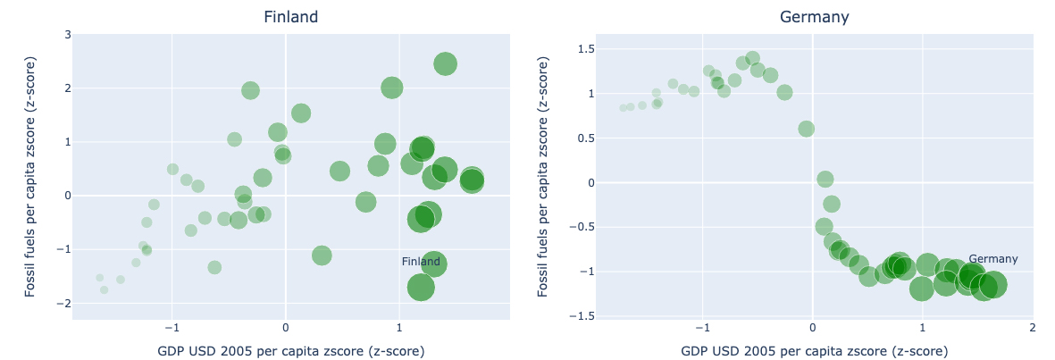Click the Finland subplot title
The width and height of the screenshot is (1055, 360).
290,17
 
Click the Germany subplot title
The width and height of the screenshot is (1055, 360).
814,17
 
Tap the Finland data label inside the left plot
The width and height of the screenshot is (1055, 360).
421,262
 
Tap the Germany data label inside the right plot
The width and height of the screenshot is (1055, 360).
992,259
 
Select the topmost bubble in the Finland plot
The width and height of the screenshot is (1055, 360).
445,64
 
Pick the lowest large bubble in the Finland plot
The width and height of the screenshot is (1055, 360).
421,288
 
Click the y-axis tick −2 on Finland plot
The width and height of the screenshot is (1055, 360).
64,304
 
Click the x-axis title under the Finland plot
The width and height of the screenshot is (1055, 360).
290,350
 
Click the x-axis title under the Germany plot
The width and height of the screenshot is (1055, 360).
814,350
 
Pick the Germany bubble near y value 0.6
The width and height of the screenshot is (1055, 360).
806,129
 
